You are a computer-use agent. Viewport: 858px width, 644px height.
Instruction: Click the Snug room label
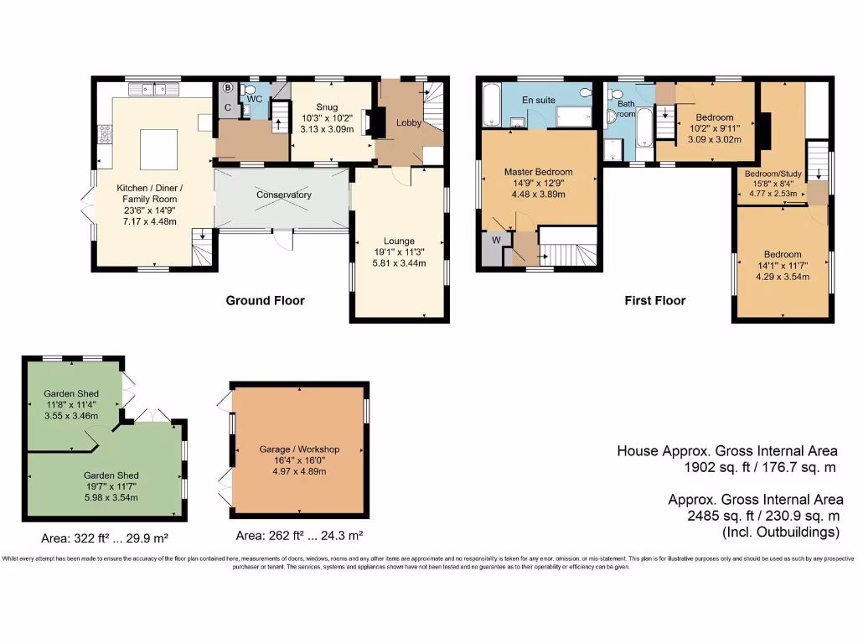(x=326, y=106)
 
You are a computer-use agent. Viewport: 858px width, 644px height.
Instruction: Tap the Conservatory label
(x=283, y=195)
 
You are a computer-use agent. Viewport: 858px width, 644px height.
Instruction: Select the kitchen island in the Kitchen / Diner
(x=158, y=149)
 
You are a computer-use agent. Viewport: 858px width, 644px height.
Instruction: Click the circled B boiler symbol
(x=228, y=86)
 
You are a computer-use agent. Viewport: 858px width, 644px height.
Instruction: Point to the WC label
(x=255, y=99)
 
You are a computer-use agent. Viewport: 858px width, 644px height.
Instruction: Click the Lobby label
(x=409, y=122)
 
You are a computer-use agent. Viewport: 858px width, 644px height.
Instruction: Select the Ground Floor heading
(x=265, y=300)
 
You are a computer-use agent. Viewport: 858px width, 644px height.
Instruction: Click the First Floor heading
(x=654, y=300)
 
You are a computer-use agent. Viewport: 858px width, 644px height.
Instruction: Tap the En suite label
(x=539, y=100)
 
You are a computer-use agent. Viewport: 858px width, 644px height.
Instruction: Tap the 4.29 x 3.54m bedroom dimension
(x=782, y=276)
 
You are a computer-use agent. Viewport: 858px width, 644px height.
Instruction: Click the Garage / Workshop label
(x=298, y=449)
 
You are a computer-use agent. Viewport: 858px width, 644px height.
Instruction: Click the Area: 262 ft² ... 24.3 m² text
(x=298, y=535)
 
